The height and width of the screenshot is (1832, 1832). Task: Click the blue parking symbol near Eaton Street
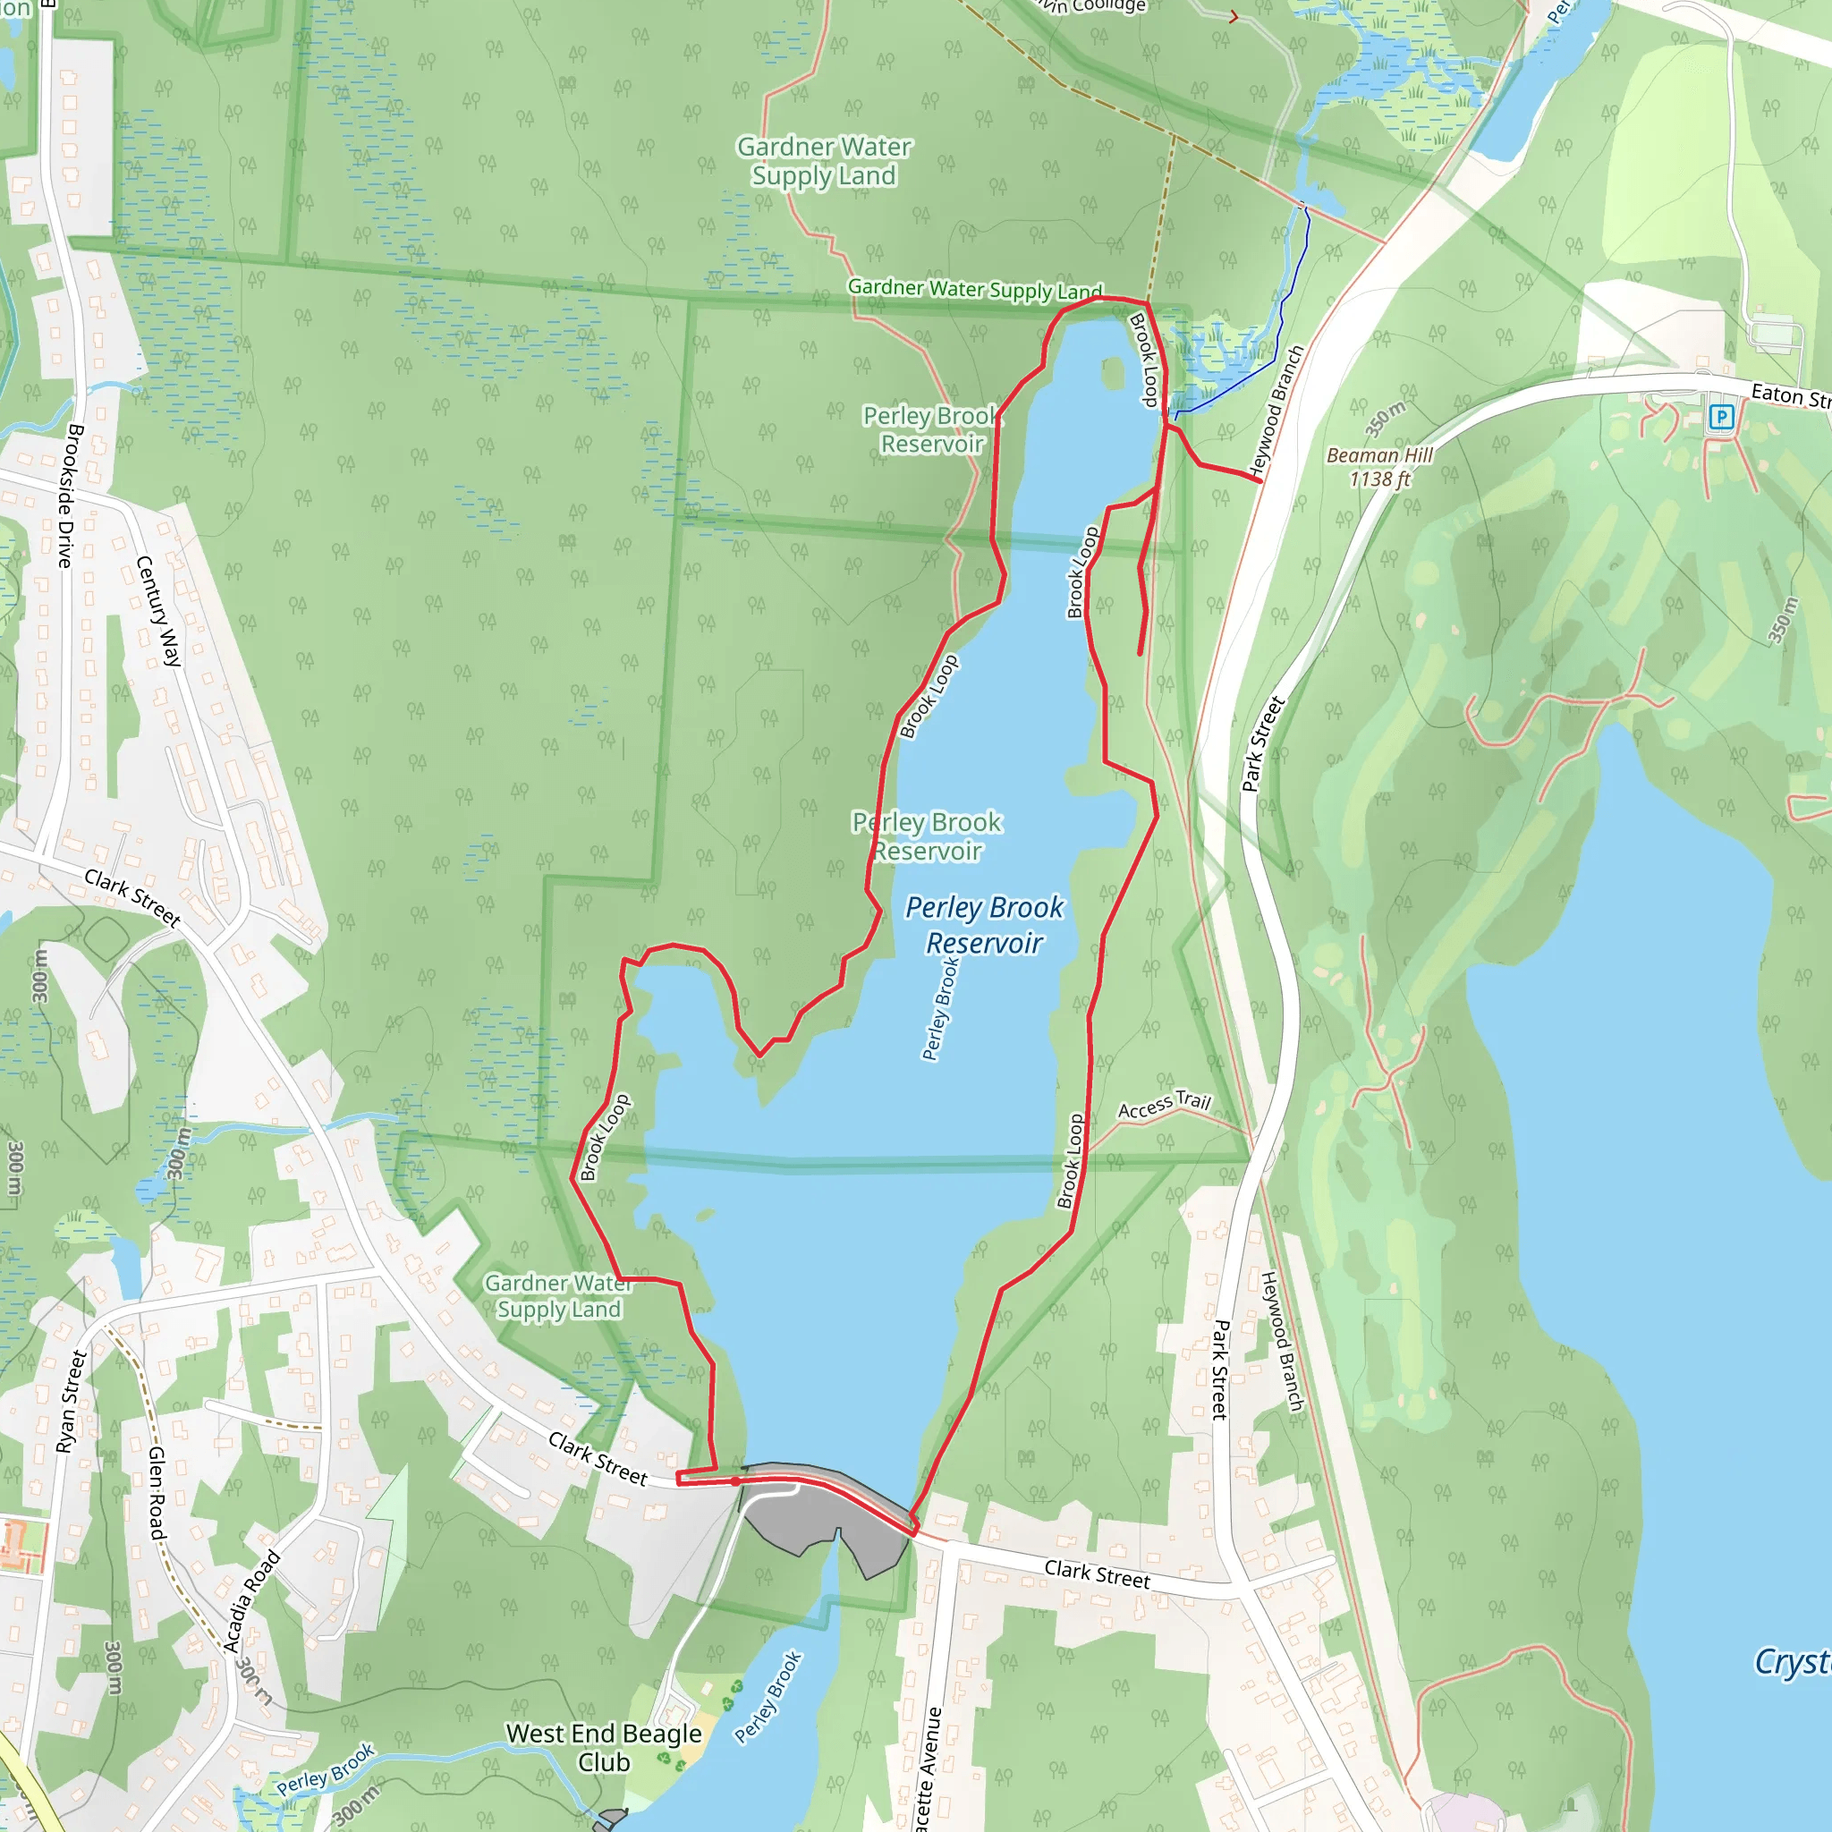point(1721,416)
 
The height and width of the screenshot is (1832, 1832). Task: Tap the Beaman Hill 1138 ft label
point(1379,467)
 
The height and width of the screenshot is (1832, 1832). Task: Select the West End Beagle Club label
point(604,1748)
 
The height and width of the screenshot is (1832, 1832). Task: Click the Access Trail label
point(1165,1105)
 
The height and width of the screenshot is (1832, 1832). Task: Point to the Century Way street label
point(158,612)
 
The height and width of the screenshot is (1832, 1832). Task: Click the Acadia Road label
point(251,1601)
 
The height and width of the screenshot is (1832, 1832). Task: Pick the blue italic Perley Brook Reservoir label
point(984,926)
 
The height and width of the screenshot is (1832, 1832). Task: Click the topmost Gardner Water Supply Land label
point(824,161)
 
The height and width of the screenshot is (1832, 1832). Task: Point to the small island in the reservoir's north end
point(1112,373)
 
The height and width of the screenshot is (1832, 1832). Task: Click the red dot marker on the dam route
point(736,1481)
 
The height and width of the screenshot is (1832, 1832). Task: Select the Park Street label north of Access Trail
point(1263,744)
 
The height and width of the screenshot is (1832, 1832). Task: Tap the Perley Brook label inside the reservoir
point(940,1009)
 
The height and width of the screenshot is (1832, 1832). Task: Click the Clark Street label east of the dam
point(1097,1574)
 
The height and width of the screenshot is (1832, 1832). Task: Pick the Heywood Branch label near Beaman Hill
point(1276,411)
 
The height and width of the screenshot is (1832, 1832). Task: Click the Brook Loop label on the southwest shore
point(605,1137)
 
